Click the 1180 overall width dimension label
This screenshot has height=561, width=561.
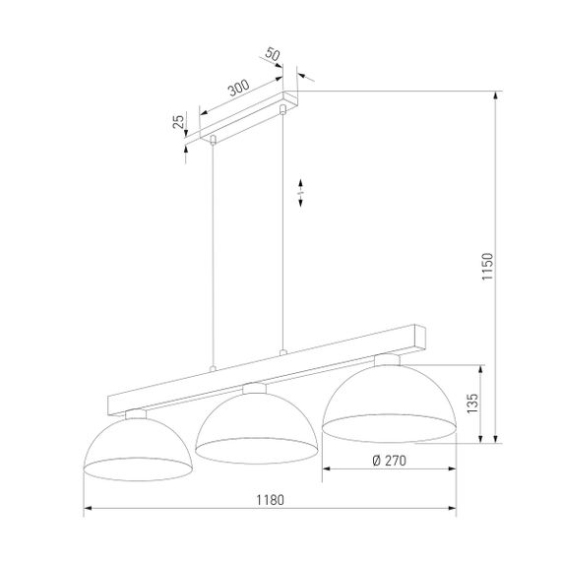coord(269,500)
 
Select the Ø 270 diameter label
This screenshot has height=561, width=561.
coord(390,460)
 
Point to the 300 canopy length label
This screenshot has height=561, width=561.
coord(237,89)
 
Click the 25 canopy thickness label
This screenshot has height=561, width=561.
coord(178,122)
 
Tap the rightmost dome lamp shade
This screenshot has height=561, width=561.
coord(390,399)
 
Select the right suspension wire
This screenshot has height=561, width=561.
coord(283,226)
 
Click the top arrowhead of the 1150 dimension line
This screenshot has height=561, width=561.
coord(496,95)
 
